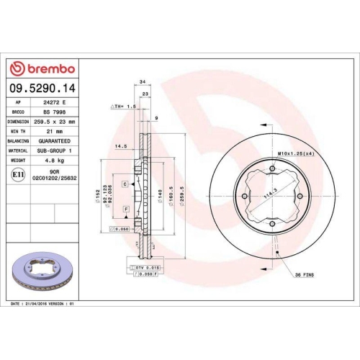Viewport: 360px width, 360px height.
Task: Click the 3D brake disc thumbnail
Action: tap(45, 271)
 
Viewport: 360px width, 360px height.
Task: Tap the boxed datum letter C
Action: tap(125, 185)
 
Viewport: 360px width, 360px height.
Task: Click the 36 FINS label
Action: tap(305, 274)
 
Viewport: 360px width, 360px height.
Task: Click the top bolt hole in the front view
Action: tap(272, 171)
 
